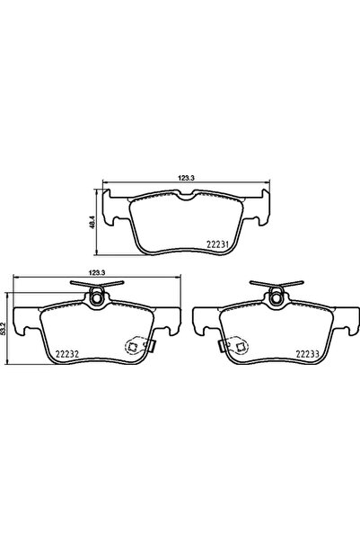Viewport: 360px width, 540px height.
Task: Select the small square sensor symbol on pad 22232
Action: [x=135, y=344]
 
